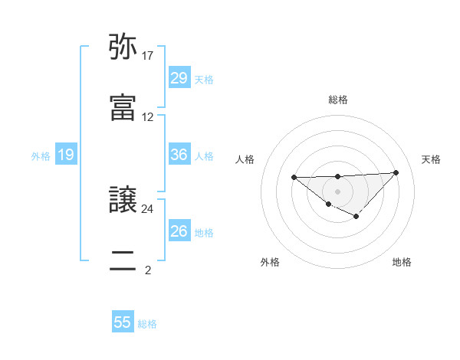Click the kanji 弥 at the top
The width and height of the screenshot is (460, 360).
[x=123, y=50]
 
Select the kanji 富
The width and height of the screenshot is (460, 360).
[x=123, y=108]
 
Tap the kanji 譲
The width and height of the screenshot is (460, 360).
[x=123, y=201]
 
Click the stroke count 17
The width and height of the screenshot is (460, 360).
[x=148, y=57]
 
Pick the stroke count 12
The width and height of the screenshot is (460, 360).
[x=148, y=117]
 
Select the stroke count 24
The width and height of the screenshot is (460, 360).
[x=148, y=208]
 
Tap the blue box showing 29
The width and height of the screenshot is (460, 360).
[x=179, y=78]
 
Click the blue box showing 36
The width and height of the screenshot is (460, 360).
[x=179, y=155]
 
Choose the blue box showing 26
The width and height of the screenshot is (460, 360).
[x=179, y=231]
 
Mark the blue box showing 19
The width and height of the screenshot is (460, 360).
[x=66, y=155]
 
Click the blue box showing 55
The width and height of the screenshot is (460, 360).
[x=123, y=322]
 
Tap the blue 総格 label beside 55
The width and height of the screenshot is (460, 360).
[x=147, y=324]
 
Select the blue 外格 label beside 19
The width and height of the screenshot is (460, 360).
[x=41, y=156]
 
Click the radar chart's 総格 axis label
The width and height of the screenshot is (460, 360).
[x=338, y=100]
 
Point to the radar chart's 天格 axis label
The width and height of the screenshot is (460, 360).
[x=431, y=159]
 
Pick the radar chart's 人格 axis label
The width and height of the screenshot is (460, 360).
[x=245, y=159]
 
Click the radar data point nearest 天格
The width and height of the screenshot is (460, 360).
[x=396, y=172]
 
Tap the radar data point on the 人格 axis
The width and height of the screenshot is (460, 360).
[x=294, y=178]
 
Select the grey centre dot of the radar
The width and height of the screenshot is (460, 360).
[x=338, y=191]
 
